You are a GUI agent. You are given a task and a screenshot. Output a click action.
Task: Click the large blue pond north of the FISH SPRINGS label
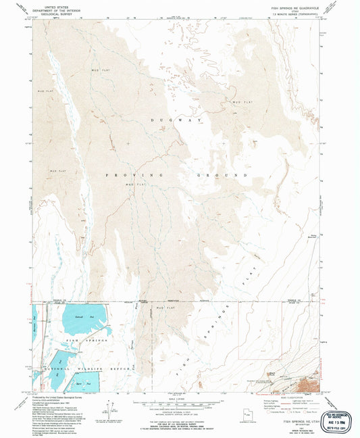coord(83,315)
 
